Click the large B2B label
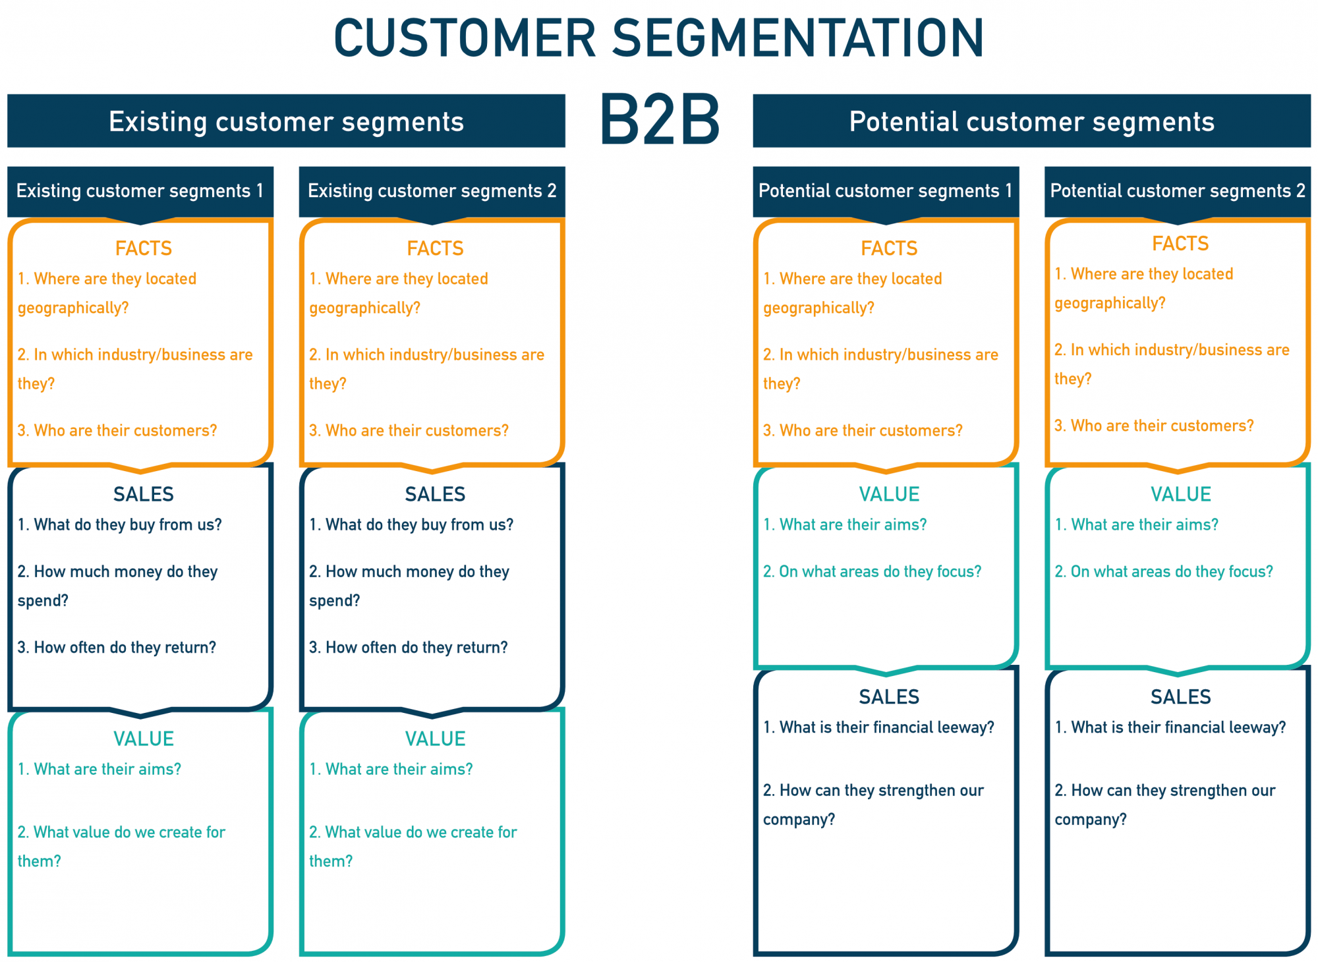(x=660, y=119)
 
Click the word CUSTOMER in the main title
(x=465, y=38)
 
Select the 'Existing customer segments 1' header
(x=140, y=191)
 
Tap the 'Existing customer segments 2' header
(x=432, y=191)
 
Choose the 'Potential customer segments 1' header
(x=885, y=191)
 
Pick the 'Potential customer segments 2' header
(x=1177, y=191)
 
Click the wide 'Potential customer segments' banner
(x=1031, y=121)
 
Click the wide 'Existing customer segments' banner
(x=286, y=121)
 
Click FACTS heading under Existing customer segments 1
(x=143, y=248)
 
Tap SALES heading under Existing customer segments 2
(x=435, y=494)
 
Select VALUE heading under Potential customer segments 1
(x=889, y=494)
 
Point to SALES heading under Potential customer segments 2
(x=1180, y=696)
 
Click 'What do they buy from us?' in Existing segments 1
(x=120, y=524)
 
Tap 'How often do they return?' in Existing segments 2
(x=409, y=647)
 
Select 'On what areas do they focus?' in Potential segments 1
(x=872, y=571)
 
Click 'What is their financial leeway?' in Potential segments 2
(x=1170, y=727)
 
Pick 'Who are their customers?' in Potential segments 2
(x=1154, y=426)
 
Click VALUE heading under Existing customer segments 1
(x=143, y=739)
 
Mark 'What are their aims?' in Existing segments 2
(x=391, y=769)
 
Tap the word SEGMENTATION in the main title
(x=799, y=38)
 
